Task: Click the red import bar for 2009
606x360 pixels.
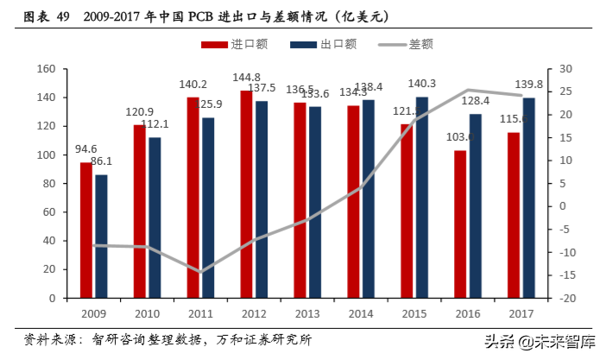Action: tap(86, 231)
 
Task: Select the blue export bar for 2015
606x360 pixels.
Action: tap(421, 198)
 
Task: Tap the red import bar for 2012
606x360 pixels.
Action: tap(247, 194)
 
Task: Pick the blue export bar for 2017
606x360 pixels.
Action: tap(528, 198)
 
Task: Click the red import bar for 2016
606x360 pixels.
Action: tap(460, 224)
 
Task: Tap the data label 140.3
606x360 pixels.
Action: tap(422, 84)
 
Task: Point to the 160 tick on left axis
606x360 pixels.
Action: tap(47, 69)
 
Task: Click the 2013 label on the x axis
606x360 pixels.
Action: tap(307, 313)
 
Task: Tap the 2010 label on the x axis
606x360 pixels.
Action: tap(148, 313)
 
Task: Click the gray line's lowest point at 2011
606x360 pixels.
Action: tap(200, 272)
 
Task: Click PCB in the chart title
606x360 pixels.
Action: tap(193, 16)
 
